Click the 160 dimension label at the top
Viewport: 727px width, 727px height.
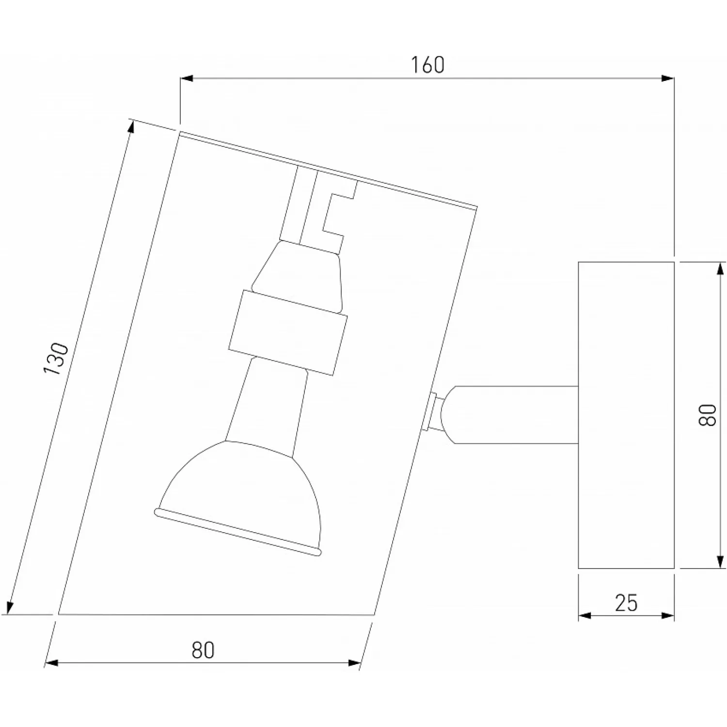pos(427,65)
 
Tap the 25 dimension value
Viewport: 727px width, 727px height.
pos(626,603)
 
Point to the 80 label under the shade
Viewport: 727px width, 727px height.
pos(203,650)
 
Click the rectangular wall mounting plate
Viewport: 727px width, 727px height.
pos(626,415)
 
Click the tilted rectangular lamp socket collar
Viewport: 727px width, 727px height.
pos(288,332)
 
